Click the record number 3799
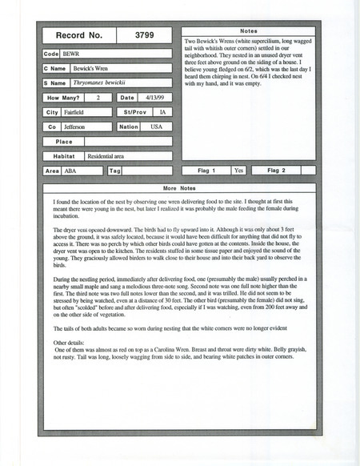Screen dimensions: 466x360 144,36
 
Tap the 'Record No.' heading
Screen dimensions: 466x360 78,36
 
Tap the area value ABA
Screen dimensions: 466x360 72,171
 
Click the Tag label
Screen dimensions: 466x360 114,171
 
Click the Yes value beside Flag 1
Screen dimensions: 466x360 238,171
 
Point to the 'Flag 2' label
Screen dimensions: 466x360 276,171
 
